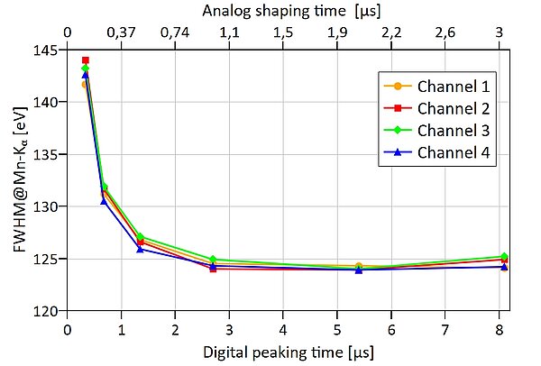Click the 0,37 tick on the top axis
[x=121, y=32]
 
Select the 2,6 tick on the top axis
[x=445, y=32]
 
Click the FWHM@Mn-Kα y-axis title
[x=18, y=180]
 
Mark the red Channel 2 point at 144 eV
[x=86, y=60]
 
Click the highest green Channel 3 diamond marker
[x=86, y=69]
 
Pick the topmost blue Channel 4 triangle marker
[x=86, y=75]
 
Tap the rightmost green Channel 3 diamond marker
[x=504, y=257]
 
